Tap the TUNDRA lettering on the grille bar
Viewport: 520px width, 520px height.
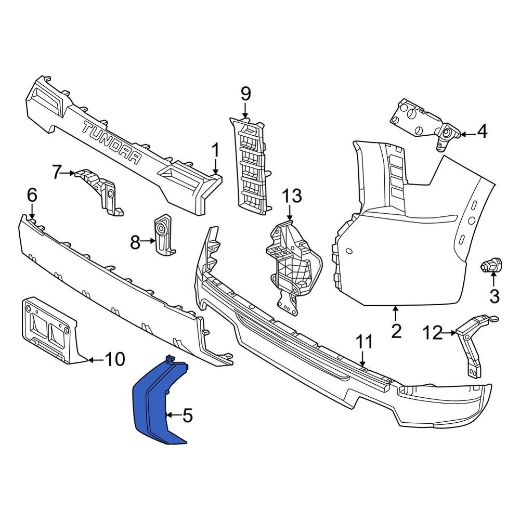112,144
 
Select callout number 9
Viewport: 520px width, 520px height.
245,94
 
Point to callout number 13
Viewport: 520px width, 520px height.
292,197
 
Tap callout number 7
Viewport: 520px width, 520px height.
58,172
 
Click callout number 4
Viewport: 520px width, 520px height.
482,132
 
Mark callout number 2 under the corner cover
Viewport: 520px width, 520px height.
396,331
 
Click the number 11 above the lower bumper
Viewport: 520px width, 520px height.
365,342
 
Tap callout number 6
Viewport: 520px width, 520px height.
32,196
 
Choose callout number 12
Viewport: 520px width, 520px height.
433,332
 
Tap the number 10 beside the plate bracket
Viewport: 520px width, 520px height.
115,359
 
